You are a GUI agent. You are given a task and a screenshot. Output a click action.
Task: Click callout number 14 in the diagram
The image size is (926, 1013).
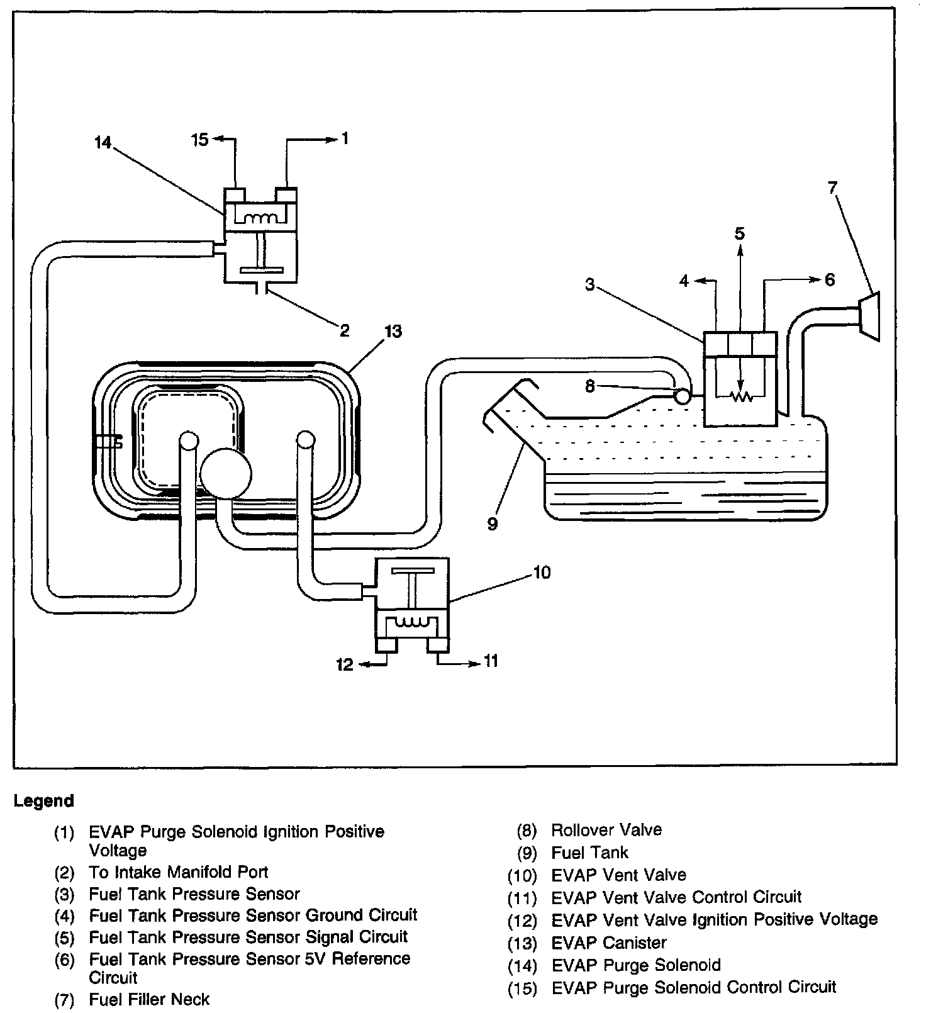pos(103,143)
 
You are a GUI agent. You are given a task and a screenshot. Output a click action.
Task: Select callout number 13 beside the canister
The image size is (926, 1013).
pos(393,331)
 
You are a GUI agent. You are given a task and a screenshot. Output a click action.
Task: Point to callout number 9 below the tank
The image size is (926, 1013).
pos(492,523)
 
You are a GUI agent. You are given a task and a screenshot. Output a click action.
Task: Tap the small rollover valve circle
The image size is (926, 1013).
pos(681,396)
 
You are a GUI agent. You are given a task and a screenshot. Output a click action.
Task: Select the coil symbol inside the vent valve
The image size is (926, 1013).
pos(412,623)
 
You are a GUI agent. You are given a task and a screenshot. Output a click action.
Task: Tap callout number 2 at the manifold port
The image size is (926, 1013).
pos(344,330)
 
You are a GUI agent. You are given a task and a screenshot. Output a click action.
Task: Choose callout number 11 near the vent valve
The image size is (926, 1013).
pos(491,660)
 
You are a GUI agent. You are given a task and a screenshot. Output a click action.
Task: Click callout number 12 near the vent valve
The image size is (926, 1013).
pos(345,664)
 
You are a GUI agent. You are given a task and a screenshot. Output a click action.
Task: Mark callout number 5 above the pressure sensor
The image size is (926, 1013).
pos(740,234)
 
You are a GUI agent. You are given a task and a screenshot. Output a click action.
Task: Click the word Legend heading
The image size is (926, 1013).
pos(44,801)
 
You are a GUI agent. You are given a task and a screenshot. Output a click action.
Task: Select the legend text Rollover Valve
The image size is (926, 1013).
pos(606,830)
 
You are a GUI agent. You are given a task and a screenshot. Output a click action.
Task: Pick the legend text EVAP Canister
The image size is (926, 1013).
pos(608,943)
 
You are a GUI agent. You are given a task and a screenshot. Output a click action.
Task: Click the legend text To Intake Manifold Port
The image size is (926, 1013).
pos(179,872)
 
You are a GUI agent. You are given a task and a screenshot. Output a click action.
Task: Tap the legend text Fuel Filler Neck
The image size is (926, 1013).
pos(149,999)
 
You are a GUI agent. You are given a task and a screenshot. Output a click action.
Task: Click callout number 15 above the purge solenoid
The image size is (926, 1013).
pos(200,139)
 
